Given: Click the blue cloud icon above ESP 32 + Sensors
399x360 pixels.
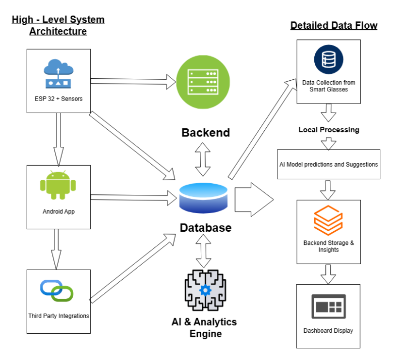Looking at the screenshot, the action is (x=59, y=74).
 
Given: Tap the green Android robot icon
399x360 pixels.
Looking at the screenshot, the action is (x=58, y=185).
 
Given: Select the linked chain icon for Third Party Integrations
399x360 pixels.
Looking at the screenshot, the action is (x=56, y=291).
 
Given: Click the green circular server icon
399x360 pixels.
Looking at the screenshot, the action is (x=203, y=82).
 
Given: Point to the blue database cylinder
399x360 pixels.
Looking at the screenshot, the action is (x=203, y=198).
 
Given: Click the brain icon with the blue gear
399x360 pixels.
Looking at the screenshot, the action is (x=205, y=290).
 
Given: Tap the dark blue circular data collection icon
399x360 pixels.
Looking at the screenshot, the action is (x=328, y=60).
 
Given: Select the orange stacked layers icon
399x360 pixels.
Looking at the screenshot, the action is (x=328, y=220).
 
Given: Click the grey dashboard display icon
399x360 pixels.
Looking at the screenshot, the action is (x=328, y=306).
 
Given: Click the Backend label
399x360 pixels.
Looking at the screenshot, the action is (x=206, y=133).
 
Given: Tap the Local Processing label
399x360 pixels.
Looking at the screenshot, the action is (x=329, y=130).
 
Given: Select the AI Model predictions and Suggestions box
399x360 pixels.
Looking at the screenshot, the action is (x=328, y=164).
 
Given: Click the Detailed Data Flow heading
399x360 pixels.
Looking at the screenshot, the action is (x=334, y=25).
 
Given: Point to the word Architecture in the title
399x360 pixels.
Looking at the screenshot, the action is (x=58, y=31).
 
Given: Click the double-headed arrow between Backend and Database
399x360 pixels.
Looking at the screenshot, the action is (x=203, y=159).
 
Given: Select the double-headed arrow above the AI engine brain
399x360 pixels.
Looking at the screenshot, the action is (x=203, y=251).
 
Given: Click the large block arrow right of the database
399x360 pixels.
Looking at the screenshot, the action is (x=254, y=199).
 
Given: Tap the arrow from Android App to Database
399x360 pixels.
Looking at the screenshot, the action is (x=134, y=197).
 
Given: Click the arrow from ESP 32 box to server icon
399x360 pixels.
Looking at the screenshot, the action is (x=133, y=81).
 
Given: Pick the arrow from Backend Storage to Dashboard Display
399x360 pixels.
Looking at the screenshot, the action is (x=328, y=274).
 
